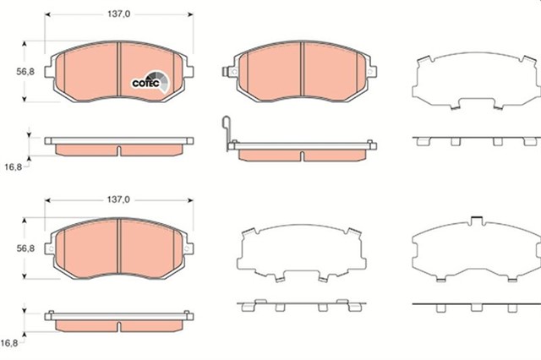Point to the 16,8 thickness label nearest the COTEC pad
click(12, 167)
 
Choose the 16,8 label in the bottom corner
click(10, 344)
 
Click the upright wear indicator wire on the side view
click(223, 133)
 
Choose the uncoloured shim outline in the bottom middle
click(303, 254)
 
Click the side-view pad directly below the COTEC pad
click(119, 145)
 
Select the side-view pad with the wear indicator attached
click(303, 150)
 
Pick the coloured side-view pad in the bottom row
click(119, 321)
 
